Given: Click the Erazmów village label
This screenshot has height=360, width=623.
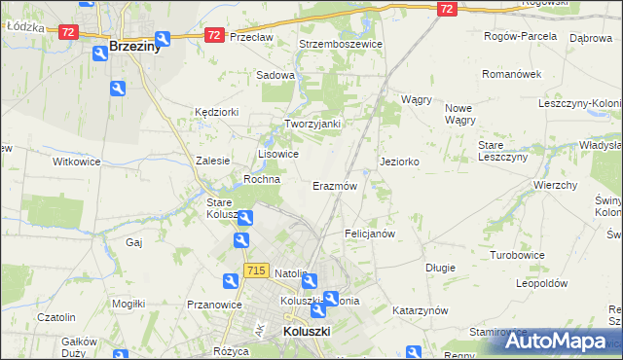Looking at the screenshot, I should [x=335, y=185].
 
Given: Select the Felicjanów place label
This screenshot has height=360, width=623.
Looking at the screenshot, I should [x=370, y=234].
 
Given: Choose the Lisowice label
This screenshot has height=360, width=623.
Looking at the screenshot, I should [x=277, y=154].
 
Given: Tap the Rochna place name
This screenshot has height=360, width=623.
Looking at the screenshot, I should [x=262, y=179].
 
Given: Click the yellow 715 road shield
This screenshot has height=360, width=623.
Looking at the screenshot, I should [x=257, y=270].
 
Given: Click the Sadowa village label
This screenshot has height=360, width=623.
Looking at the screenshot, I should [x=275, y=74].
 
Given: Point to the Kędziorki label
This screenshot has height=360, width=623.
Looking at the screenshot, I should [x=216, y=112].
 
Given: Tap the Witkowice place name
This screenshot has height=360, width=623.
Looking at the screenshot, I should [x=77, y=162].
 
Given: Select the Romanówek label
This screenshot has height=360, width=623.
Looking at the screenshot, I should [x=511, y=74].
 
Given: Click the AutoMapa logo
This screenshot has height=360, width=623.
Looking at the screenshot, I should [x=557, y=342].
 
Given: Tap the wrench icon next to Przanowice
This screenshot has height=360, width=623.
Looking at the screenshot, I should [x=231, y=281].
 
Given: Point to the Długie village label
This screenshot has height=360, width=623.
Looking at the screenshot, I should [x=441, y=266].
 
